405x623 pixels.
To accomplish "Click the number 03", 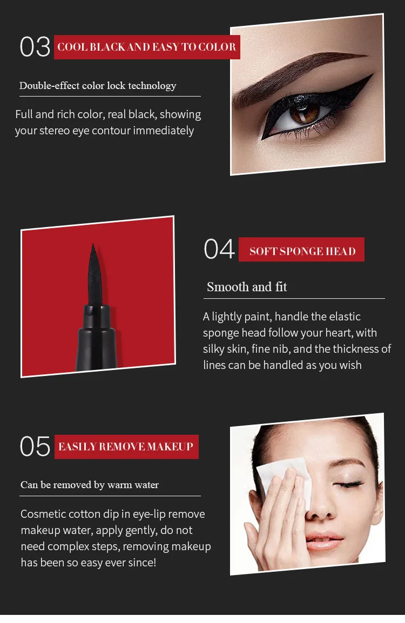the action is pos(35,47).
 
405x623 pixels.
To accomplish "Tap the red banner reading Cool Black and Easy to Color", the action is pos(147,47).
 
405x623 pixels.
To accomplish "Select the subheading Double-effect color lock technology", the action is pos(98,85).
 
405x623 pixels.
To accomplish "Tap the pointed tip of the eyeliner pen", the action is pos(93,245).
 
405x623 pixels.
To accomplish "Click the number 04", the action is pos(219,249).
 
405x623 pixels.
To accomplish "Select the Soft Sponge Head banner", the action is pos(301,250).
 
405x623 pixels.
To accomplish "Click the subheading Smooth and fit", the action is pos(247,287).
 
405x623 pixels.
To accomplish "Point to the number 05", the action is pos(35,446).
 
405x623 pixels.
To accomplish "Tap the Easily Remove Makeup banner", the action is pos(126,447).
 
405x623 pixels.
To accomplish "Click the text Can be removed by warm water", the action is pos(90,485).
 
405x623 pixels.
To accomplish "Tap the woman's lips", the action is pos(323,541).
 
